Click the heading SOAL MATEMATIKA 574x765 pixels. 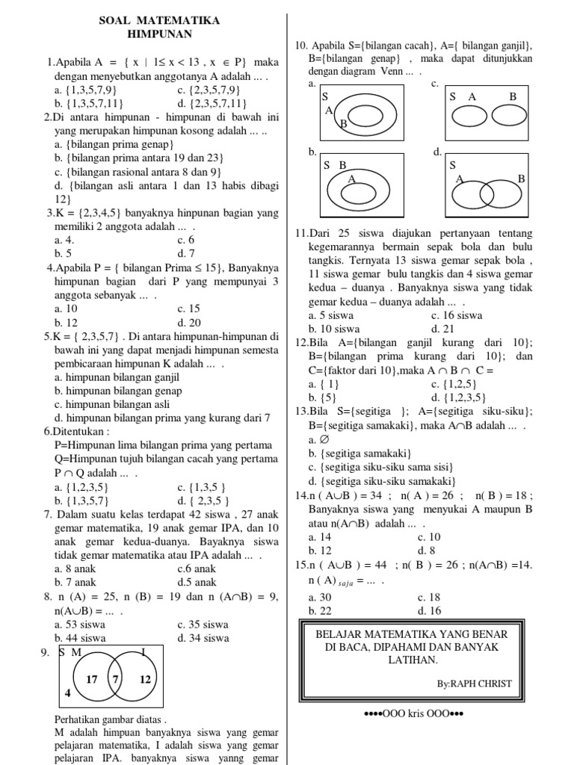point(159,21)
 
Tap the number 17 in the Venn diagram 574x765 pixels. point(93,679)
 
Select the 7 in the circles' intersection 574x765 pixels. point(115,679)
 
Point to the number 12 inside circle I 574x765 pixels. point(145,679)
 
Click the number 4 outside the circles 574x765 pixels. point(67,693)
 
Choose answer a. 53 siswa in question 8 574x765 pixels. point(80,624)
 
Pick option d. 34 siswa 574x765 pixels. point(203,638)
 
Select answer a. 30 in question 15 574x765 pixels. point(319,597)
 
